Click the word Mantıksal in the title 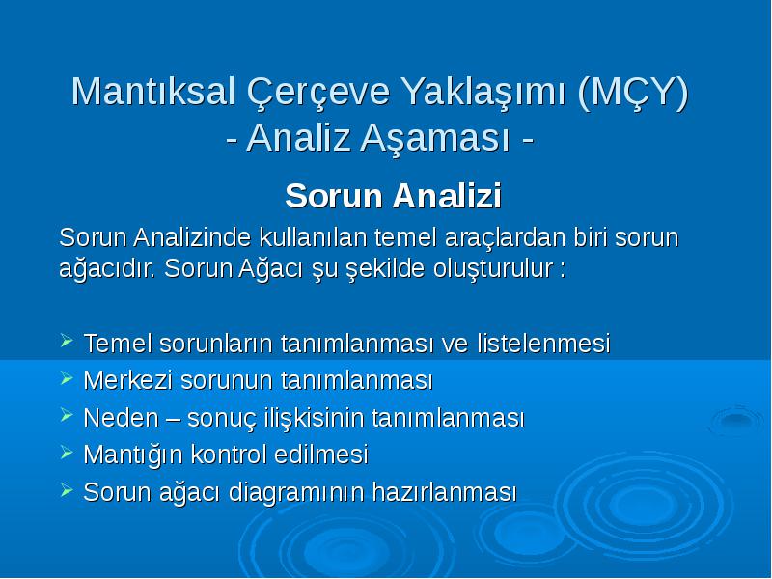click(153, 91)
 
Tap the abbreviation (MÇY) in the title click(633, 93)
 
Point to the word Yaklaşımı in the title click(483, 93)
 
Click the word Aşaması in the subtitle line click(435, 138)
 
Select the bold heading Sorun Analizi click(393, 196)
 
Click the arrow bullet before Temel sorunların click(67, 341)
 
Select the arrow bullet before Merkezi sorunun click(67, 377)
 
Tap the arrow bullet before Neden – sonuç click(67, 415)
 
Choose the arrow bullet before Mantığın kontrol click(67, 452)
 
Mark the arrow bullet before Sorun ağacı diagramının click(67, 489)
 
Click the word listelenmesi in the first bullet click(543, 344)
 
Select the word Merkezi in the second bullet click(128, 380)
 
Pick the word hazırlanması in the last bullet click(445, 492)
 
